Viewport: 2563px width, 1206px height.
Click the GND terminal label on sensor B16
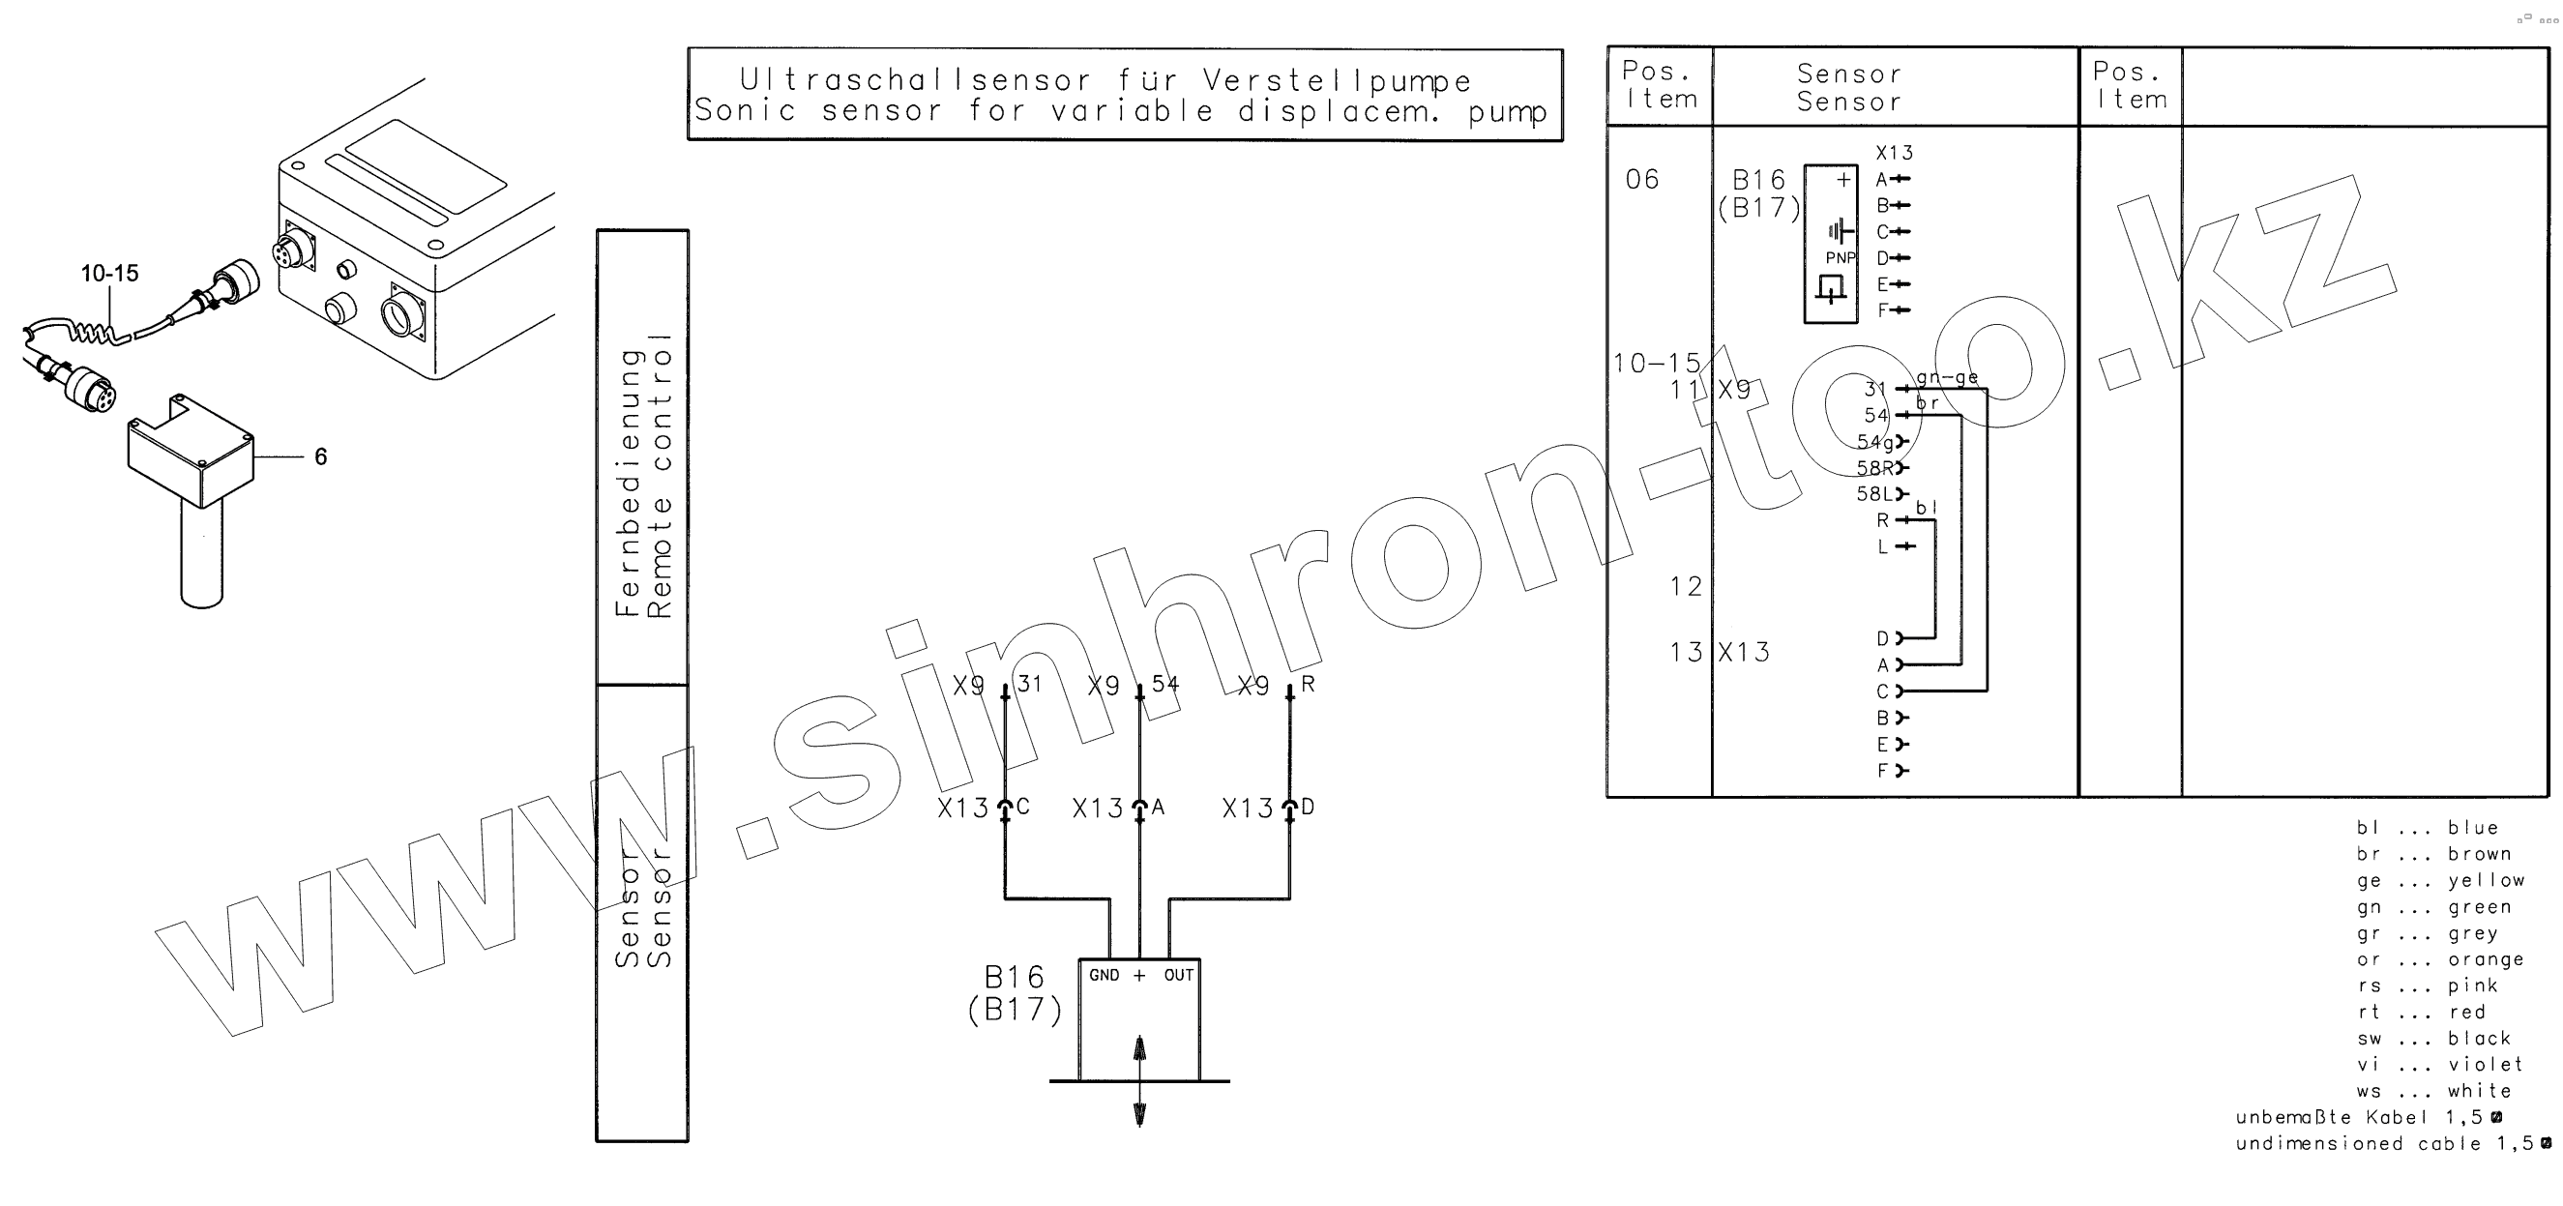(1104, 975)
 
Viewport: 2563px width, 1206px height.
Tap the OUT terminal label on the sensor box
(1178, 975)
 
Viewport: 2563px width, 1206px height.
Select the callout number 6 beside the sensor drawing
(320, 456)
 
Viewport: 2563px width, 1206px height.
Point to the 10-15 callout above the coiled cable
(109, 274)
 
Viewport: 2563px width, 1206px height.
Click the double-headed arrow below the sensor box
(1139, 1080)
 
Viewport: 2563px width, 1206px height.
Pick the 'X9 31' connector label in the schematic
(996, 685)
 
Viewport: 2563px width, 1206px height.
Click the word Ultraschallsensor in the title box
(915, 79)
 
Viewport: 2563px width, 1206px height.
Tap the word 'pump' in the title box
(1508, 110)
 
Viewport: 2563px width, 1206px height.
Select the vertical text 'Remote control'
(660, 476)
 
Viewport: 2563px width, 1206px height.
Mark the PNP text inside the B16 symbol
(1840, 257)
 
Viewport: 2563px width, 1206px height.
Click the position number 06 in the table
(1641, 179)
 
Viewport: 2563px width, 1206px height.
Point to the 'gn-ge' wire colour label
(1947, 377)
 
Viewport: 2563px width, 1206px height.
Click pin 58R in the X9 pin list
(1874, 468)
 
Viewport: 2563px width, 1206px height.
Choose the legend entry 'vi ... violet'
(2438, 1065)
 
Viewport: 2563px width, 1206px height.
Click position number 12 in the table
(1686, 586)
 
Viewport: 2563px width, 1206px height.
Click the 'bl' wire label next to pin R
(1927, 508)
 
